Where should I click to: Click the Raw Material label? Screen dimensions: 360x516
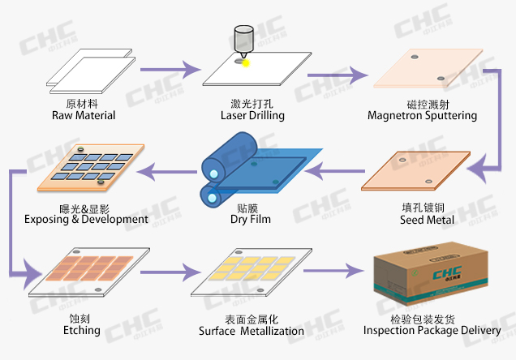point(84,115)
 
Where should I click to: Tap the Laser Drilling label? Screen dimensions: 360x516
point(252,115)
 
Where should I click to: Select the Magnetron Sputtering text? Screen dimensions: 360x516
point(422,115)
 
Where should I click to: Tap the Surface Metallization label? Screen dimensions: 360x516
point(252,331)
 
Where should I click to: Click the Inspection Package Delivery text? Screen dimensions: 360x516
point(432,330)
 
